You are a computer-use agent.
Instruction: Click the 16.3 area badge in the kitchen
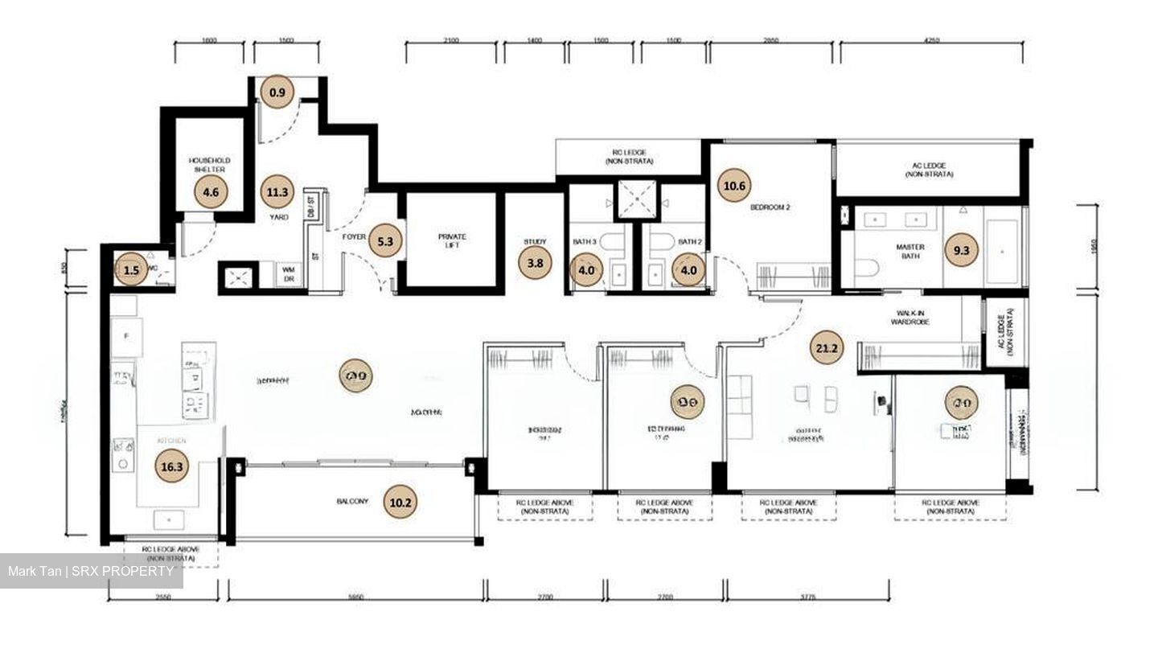(x=172, y=466)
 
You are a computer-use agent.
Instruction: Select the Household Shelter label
(x=209, y=165)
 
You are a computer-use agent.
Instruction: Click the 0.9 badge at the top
(x=277, y=92)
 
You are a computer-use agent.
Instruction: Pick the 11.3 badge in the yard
(x=277, y=192)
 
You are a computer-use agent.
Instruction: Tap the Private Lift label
(x=452, y=241)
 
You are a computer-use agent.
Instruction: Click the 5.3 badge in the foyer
(x=385, y=240)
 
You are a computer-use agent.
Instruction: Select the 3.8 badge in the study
(x=535, y=262)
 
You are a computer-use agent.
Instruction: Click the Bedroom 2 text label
(x=770, y=207)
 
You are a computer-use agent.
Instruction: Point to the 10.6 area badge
(x=734, y=186)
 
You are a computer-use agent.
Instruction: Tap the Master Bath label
(x=910, y=252)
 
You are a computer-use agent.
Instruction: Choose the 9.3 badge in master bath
(x=961, y=250)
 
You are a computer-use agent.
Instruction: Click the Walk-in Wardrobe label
(x=910, y=318)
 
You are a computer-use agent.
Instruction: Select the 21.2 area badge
(x=827, y=348)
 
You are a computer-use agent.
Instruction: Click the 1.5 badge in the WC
(x=131, y=270)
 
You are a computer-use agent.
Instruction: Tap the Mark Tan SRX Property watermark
(x=91, y=572)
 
